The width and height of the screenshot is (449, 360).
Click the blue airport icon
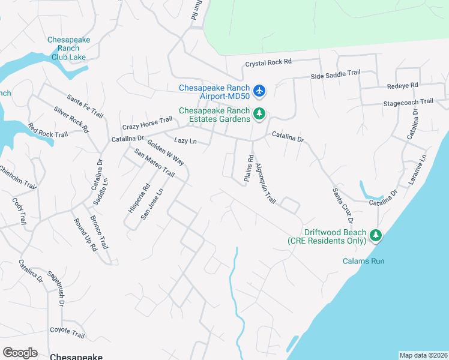(259, 91)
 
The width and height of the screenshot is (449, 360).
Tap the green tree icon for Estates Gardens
(259, 113)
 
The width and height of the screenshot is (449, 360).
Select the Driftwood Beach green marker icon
(376, 235)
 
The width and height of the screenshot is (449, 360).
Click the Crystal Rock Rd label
(268, 62)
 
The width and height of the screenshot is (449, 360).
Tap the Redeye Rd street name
(402, 86)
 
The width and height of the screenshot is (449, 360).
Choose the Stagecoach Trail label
(408, 102)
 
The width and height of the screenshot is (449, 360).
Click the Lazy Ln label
(185, 140)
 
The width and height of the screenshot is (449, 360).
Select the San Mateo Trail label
(154, 163)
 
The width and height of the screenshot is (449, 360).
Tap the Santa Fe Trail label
(85, 106)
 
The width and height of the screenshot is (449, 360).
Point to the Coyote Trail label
(67, 330)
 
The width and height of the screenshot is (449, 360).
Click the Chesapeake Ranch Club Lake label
(69, 48)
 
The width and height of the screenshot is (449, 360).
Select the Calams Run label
(364, 261)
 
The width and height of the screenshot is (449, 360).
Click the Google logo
(20, 352)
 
